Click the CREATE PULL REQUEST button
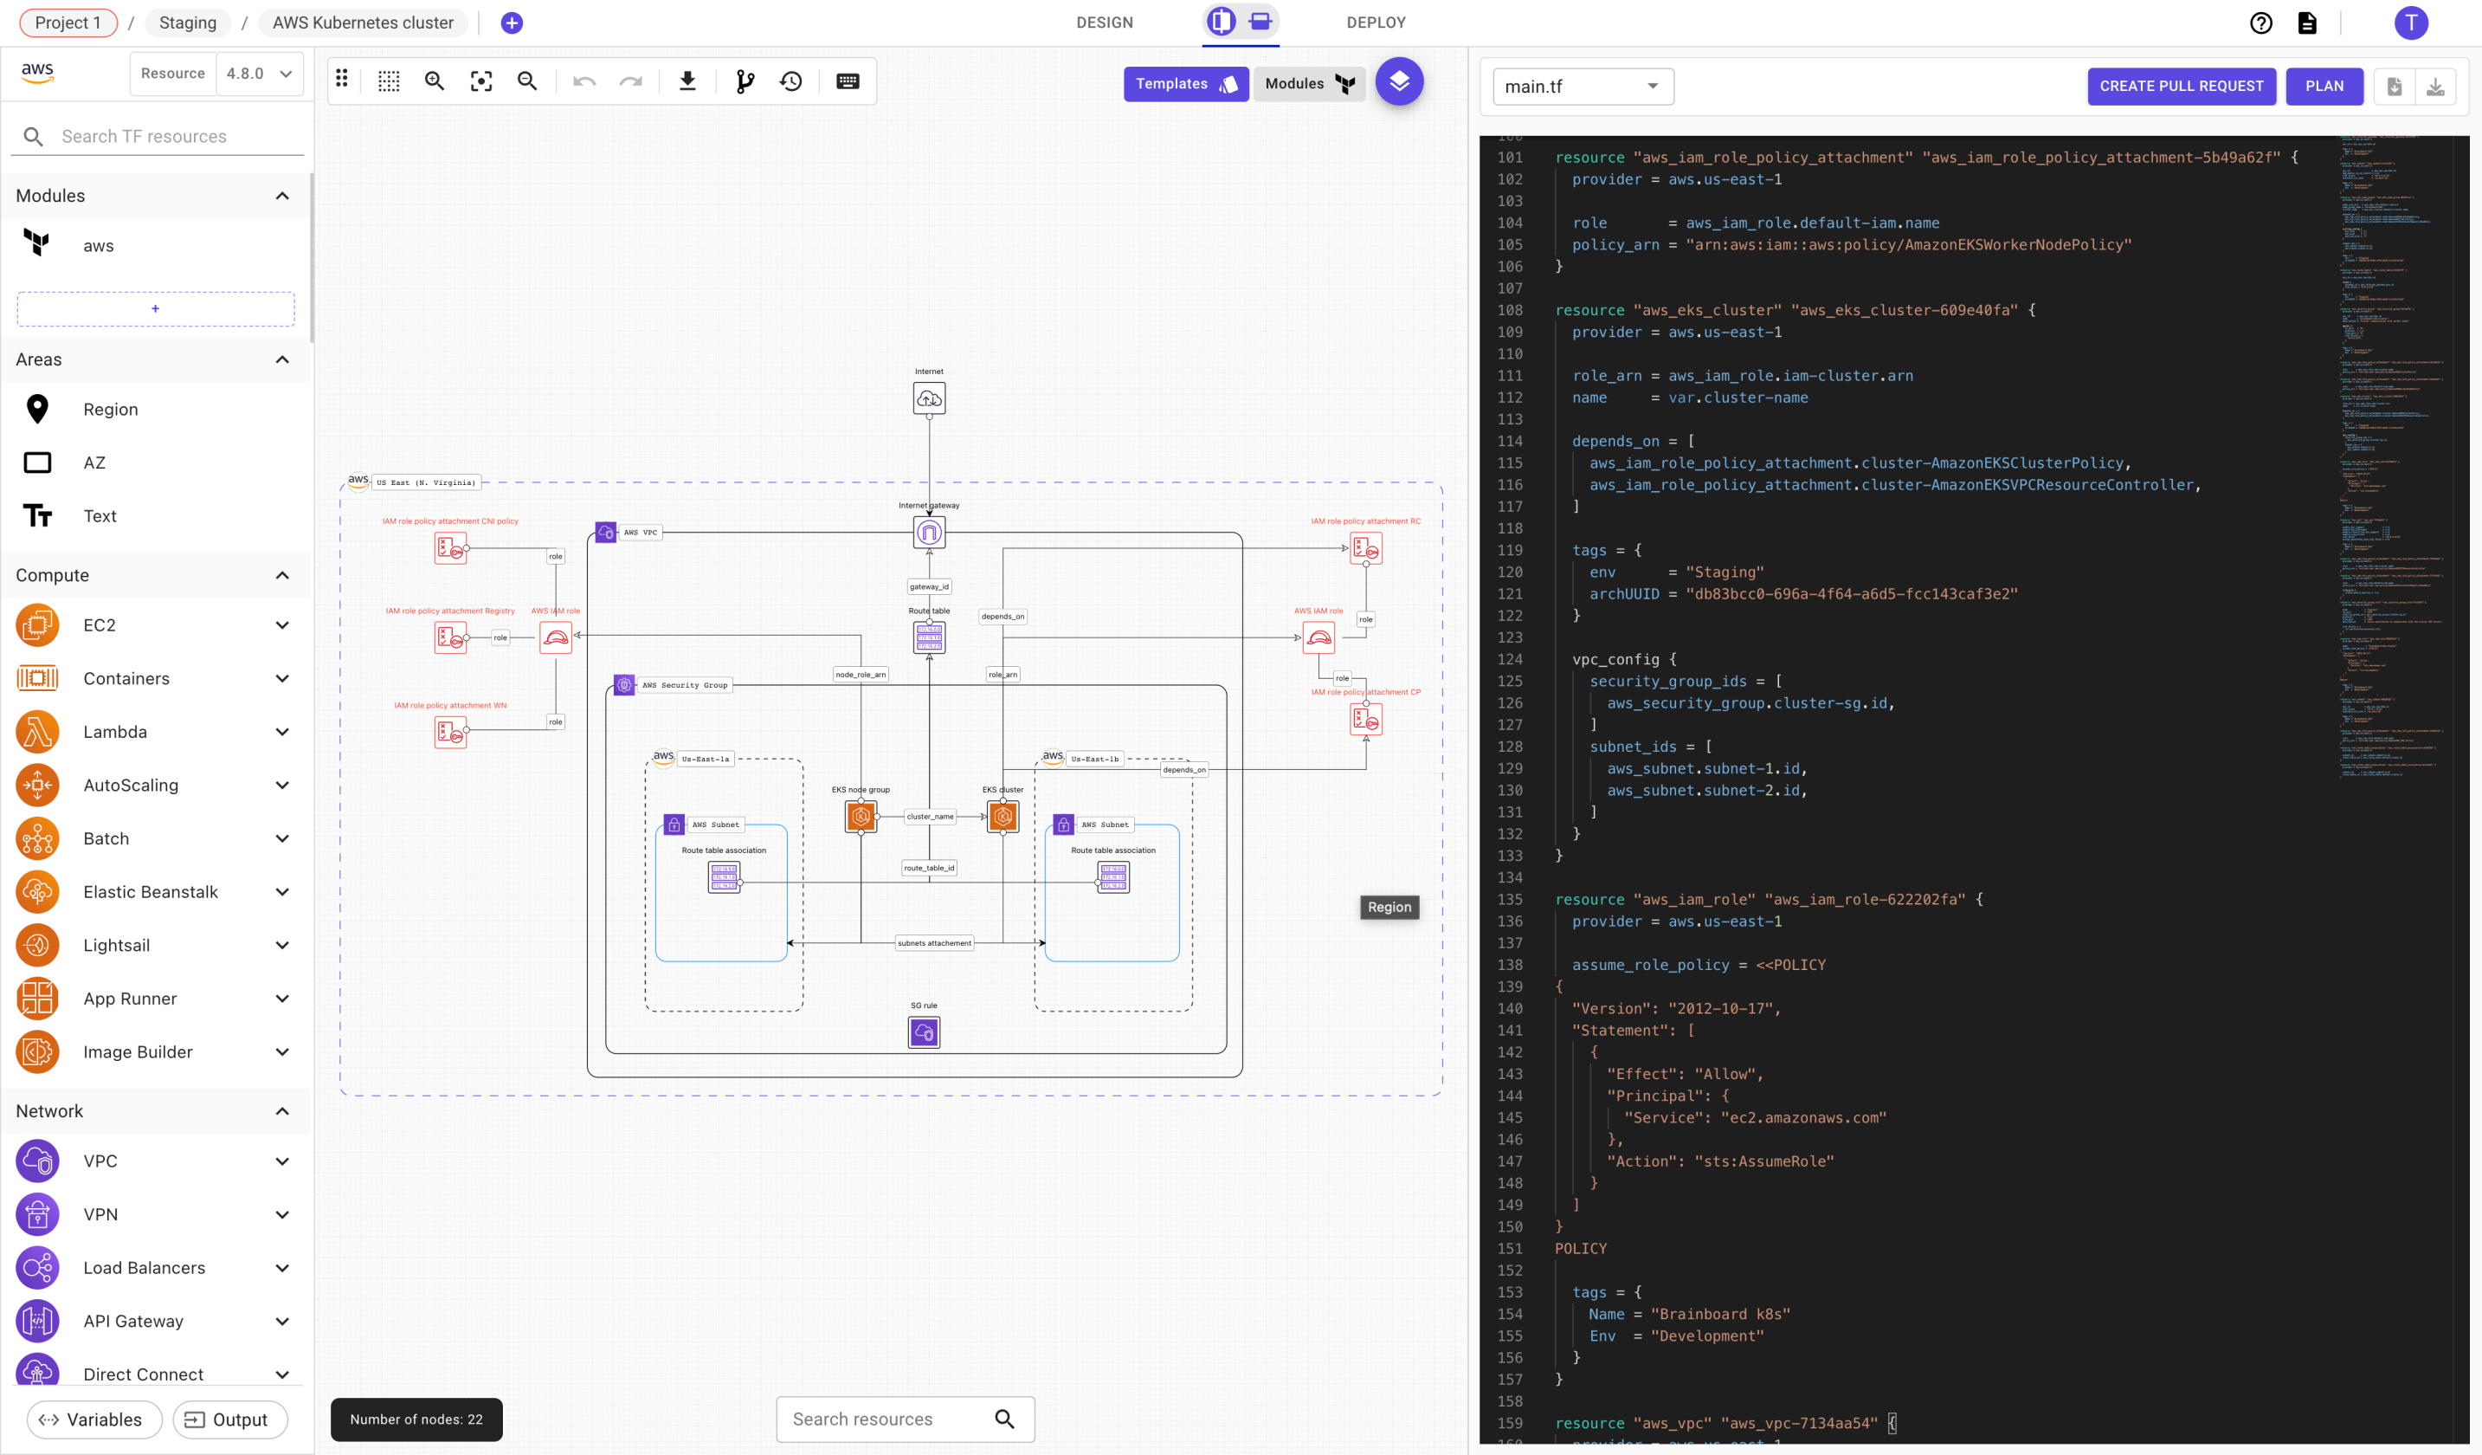[x=2181, y=86]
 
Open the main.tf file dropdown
[x=1582, y=87]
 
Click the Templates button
[x=1185, y=84]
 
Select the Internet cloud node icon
[x=929, y=399]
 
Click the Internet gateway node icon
[x=929, y=533]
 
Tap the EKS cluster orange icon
[x=1002, y=816]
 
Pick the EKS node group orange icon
[x=861, y=816]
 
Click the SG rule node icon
[x=924, y=1032]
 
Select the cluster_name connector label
[x=930, y=817]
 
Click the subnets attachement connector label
[x=934, y=943]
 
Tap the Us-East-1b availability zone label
[x=1094, y=760]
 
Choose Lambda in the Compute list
[x=115, y=732]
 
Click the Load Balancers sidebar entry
[x=144, y=1268]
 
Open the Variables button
[x=93, y=1419]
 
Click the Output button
[x=229, y=1419]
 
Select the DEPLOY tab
[x=1375, y=23]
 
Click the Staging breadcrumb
[x=187, y=23]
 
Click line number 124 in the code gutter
[x=1509, y=659]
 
